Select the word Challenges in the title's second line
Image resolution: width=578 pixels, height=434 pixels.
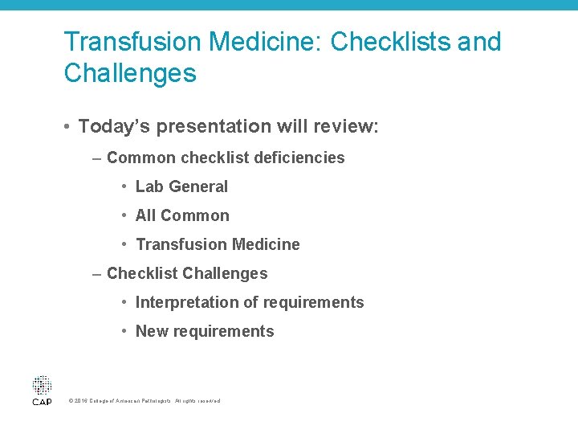coord(130,74)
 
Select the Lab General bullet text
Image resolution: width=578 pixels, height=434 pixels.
coord(181,186)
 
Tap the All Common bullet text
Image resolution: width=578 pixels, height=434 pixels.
coord(182,215)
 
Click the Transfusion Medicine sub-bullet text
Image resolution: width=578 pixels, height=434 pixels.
coord(218,244)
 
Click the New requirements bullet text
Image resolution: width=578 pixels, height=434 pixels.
coord(205,331)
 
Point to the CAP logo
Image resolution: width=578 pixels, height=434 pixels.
coord(42,390)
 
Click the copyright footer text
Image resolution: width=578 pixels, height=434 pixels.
coord(144,400)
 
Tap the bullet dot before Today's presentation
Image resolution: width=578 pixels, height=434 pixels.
coord(70,127)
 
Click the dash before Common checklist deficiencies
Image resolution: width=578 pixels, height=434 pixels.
coord(97,158)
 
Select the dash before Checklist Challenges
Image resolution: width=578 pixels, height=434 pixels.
coord(97,273)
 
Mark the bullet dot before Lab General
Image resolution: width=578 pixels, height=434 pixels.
coord(125,186)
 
